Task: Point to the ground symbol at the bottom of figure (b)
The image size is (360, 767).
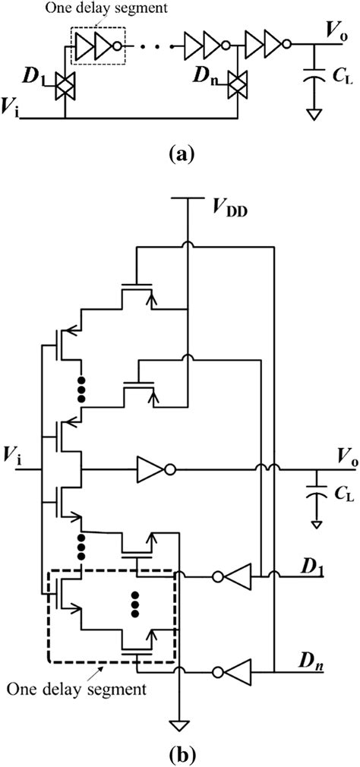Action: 180,724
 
